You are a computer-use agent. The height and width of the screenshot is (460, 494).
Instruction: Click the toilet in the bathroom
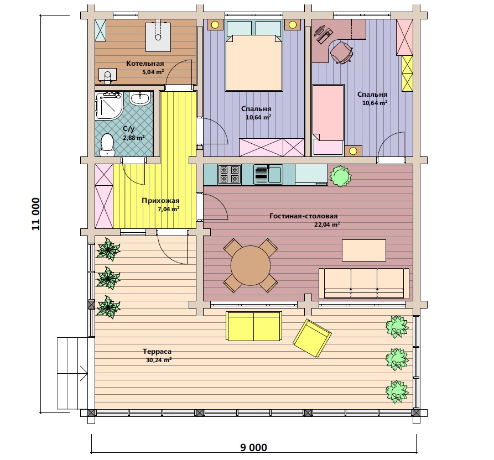point(107,145)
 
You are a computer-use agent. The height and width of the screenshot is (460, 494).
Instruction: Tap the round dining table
point(251,265)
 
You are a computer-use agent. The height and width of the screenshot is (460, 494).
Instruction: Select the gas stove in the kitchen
point(230,174)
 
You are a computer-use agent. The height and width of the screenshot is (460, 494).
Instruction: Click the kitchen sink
point(268,174)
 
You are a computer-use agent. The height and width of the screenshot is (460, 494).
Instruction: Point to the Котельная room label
point(145,63)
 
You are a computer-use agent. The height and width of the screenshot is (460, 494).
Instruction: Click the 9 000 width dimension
point(253,447)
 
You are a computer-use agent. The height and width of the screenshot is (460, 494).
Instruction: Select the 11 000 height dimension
point(36,214)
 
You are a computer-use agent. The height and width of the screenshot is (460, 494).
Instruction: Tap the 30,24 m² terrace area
point(159,360)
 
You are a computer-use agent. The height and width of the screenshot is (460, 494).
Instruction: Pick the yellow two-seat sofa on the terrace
point(253,326)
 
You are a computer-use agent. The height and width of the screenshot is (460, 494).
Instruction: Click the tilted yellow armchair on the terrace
point(312,338)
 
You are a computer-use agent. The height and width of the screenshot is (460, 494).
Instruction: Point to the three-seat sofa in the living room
point(364,284)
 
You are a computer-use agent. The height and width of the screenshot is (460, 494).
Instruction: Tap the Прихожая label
point(160,201)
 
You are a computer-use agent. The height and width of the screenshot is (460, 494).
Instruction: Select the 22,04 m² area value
point(327,224)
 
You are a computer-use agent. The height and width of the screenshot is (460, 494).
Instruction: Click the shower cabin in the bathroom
point(108,106)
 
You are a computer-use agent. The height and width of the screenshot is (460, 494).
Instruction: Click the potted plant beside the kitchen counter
point(340,176)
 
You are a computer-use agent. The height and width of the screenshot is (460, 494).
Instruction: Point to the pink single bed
point(327,120)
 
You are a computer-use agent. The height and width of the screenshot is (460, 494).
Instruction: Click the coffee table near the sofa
point(364,250)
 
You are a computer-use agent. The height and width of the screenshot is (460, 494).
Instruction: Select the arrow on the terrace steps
point(84,373)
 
